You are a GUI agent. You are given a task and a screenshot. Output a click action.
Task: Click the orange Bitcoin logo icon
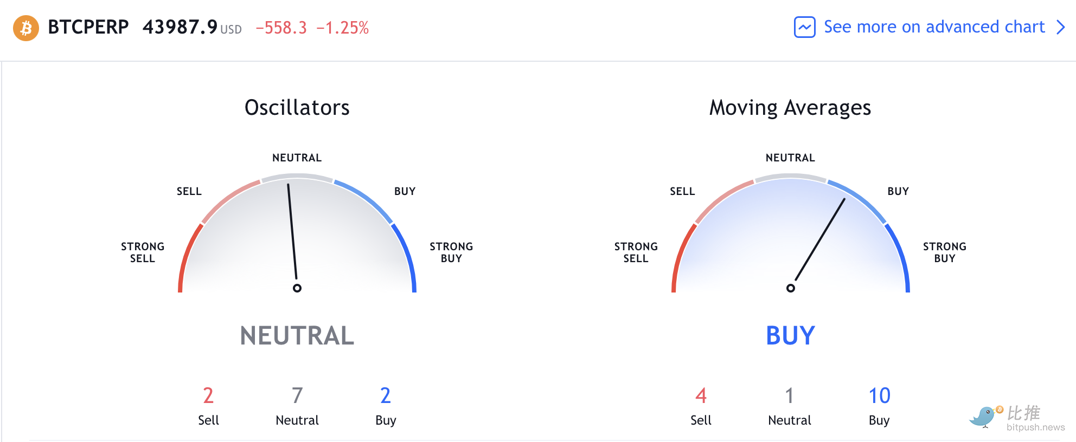[26, 28]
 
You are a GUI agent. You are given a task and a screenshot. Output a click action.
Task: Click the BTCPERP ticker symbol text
[88, 27]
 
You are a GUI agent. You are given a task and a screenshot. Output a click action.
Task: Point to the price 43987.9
[180, 27]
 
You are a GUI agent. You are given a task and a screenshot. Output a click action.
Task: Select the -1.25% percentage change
[342, 28]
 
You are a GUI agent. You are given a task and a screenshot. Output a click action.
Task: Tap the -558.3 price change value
[281, 28]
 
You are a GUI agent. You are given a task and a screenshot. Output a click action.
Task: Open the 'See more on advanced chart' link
[934, 27]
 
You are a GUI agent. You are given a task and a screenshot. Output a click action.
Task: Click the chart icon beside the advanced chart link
[805, 27]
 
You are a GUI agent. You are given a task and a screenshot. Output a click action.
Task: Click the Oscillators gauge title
[297, 108]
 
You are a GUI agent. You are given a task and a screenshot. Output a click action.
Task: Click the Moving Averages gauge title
[790, 108]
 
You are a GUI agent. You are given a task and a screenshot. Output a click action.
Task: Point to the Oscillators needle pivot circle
[297, 288]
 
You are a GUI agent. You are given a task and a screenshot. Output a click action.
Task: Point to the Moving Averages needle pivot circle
[791, 288]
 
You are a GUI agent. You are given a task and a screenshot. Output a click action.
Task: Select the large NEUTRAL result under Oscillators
[297, 336]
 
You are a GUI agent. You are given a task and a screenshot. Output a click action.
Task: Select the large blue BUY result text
[791, 336]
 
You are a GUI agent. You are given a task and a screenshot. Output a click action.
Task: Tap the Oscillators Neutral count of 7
[297, 396]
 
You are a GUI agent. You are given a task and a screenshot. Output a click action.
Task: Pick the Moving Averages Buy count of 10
[880, 396]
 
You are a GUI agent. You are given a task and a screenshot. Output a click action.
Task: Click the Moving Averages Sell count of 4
[701, 396]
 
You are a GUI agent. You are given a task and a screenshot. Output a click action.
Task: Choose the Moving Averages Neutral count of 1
[790, 396]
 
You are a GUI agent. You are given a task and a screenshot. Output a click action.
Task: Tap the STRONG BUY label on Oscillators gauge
[451, 252]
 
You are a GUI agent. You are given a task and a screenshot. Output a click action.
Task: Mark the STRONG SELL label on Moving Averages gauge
[636, 252]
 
